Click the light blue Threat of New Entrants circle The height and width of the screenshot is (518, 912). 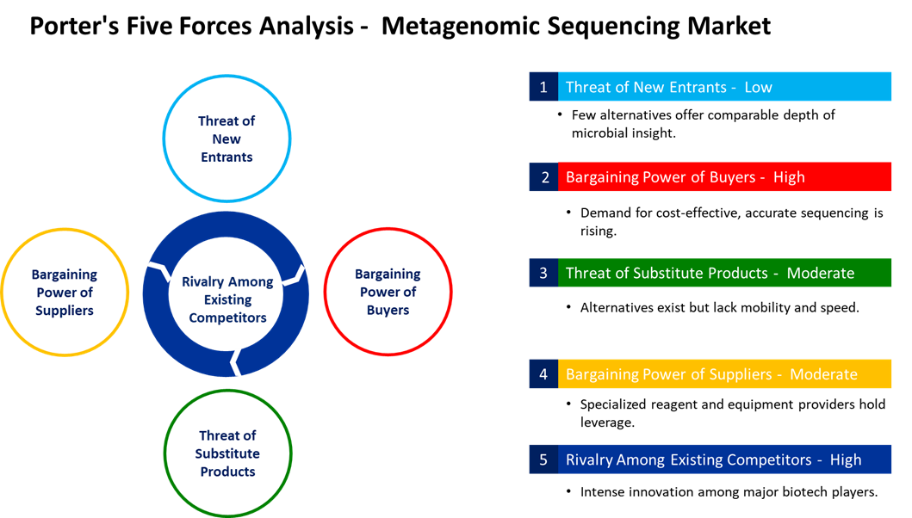click(x=226, y=139)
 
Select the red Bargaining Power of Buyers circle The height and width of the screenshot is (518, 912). click(x=388, y=292)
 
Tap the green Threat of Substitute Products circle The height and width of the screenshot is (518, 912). click(x=227, y=453)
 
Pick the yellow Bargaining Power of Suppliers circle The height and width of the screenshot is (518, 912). click(x=65, y=293)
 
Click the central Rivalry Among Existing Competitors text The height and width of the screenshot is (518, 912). click(x=227, y=299)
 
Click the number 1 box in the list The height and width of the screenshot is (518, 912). click(x=543, y=87)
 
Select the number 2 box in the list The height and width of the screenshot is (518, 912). click(x=543, y=177)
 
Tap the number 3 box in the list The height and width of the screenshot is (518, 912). click(x=543, y=273)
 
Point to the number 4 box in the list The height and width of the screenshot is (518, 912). click(x=543, y=374)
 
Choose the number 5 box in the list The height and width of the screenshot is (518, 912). click(x=543, y=459)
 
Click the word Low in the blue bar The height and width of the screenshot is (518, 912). click(x=758, y=87)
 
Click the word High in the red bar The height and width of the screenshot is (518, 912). click(x=789, y=177)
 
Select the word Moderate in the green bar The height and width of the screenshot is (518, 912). click(x=821, y=273)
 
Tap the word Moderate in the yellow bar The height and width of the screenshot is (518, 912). click(x=823, y=374)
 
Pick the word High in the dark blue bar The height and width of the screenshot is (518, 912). click(x=846, y=459)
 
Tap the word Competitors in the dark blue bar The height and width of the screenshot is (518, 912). click(x=765, y=459)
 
